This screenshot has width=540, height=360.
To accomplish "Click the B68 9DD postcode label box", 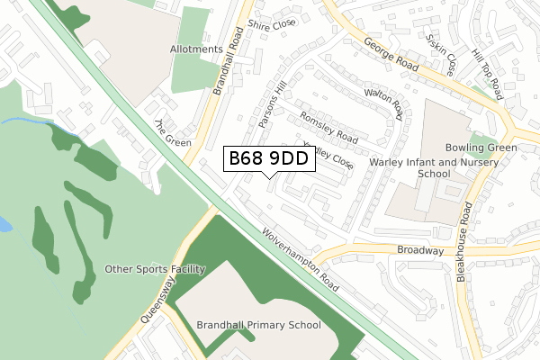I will point(269,159).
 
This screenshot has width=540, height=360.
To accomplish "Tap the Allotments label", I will point(196,49).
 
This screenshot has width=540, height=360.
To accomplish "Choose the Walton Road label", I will point(385,103).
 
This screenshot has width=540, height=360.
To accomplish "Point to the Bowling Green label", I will point(481,148).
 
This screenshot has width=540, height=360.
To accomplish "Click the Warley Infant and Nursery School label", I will point(422,167).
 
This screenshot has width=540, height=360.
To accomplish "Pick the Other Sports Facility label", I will point(156,269).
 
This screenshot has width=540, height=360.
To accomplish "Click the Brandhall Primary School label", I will point(258,325).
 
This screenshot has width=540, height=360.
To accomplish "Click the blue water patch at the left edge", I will point(4,225).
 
